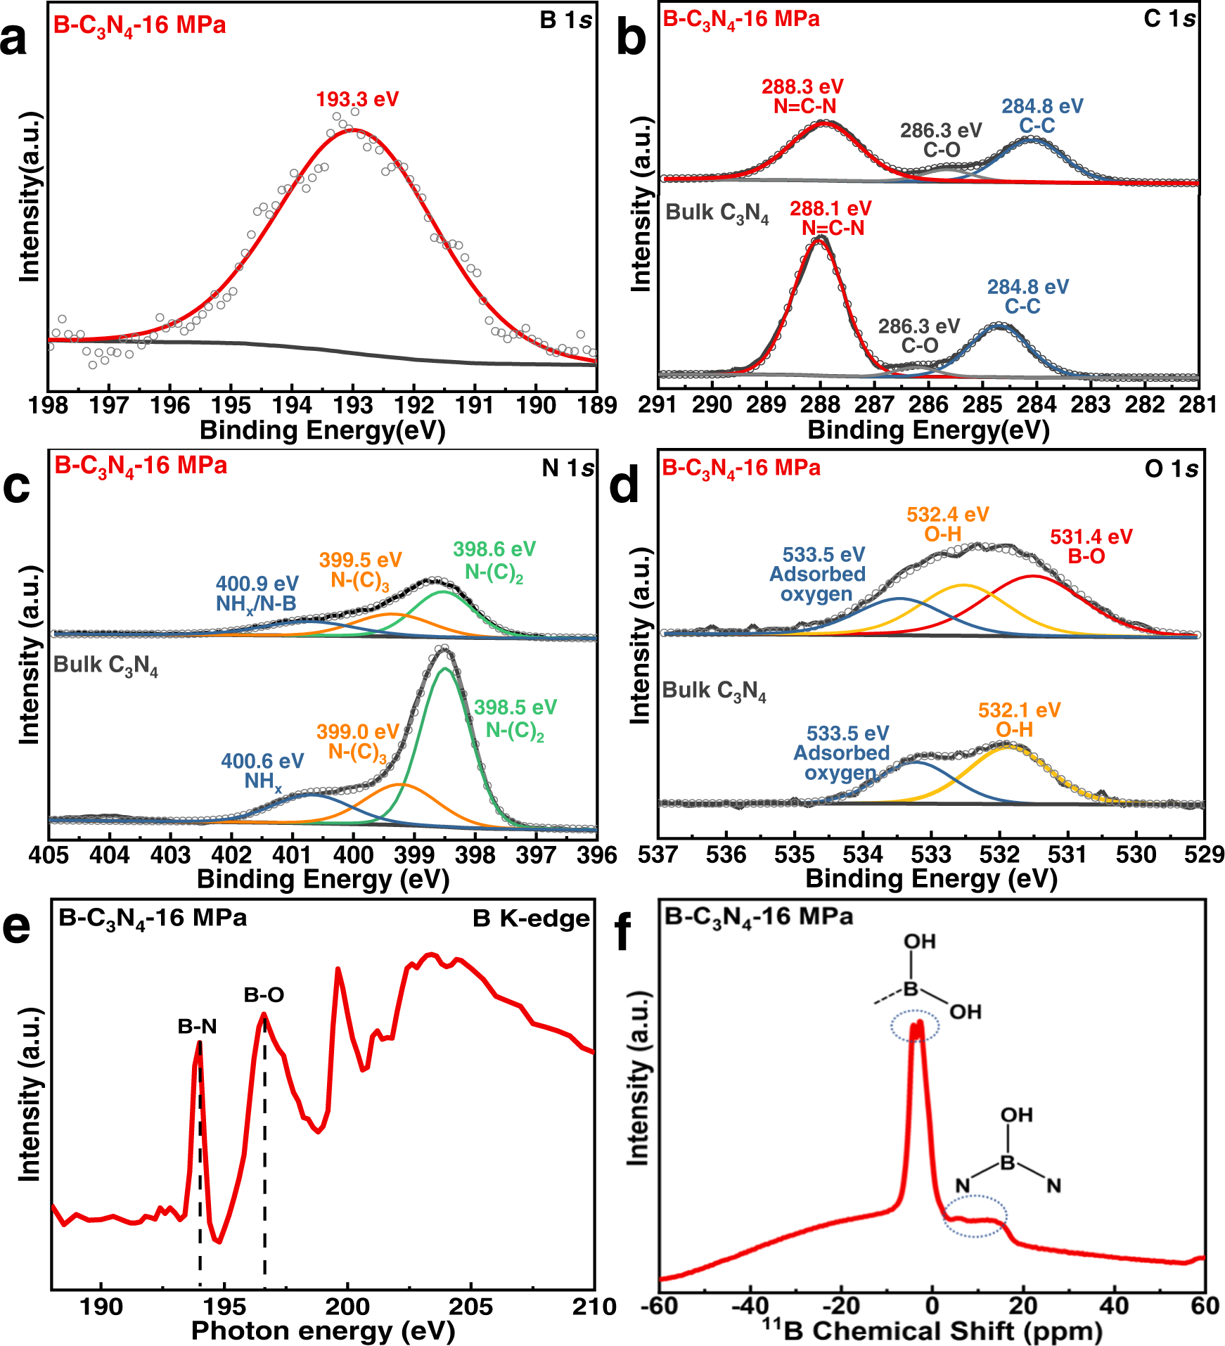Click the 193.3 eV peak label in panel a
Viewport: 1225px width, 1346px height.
(357, 99)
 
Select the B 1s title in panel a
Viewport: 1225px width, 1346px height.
(566, 20)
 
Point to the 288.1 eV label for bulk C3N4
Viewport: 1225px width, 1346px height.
(830, 218)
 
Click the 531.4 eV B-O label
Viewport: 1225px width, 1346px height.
(1090, 546)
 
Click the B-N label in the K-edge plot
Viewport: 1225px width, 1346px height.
(197, 1027)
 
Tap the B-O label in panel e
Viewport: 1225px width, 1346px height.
(264, 995)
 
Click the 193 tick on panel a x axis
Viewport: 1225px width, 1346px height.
(353, 406)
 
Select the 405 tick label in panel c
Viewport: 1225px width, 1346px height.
(49, 856)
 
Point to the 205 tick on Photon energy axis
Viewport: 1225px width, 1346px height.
(470, 1307)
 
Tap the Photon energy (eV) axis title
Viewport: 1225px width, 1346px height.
(323, 1331)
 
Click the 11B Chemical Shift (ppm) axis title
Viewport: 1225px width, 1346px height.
(932, 1331)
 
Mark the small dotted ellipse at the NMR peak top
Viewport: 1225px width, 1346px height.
(915, 1027)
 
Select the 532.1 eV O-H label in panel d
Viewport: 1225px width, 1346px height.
(1018, 720)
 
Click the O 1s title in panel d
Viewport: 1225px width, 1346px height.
(1171, 469)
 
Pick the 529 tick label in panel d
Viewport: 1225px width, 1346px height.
(1204, 855)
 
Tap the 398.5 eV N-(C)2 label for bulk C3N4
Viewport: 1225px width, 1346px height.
(515, 719)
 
